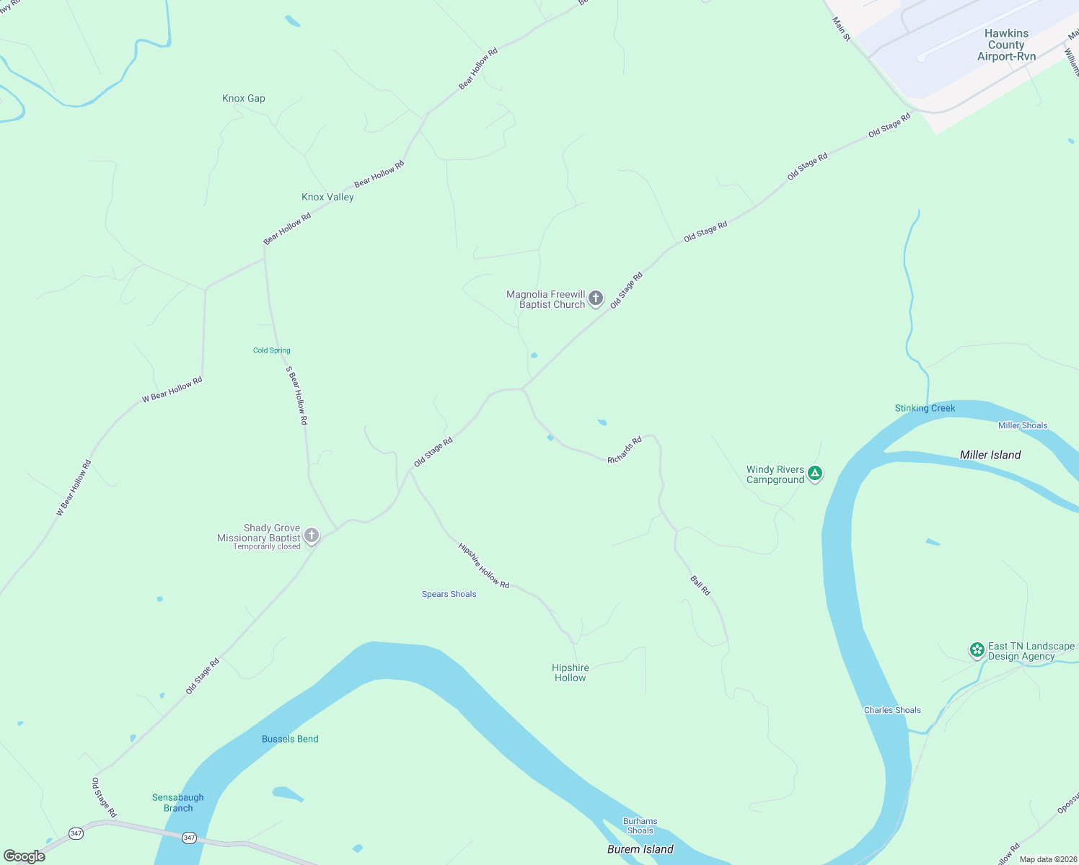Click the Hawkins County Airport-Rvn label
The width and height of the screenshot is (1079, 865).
pyautogui.click(x=1006, y=45)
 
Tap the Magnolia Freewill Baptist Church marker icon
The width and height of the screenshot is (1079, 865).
pyautogui.click(x=596, y=298)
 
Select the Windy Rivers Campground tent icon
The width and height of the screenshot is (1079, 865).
pyautogui.click(x=815, y=474)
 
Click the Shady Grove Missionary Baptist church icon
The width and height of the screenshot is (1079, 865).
pyautogui.click(x=312, y=536)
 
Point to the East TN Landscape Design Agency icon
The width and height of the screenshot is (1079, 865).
pyautogui.click(x=977, y=650)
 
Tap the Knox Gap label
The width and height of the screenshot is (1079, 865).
pyautogui.click(x=244, y=98)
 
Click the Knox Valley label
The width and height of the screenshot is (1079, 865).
pyautogui.click(x=327, y=197)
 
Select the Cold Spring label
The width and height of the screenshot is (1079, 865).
pyautogui.click(x=272, y=350)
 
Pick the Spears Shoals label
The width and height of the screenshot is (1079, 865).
pyautogui.click(x=449, y=594)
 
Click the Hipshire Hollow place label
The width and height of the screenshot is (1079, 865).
pyautogui.click(x=570, y=673)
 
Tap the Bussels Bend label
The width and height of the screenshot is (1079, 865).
pyautogui.click(x=290, y=739)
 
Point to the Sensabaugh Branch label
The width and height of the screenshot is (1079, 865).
pyautogui.click(x=178, y=802)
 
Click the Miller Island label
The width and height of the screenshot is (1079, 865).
pyautogui.click(x=990, y=455)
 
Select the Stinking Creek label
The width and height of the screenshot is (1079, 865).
pyautogui.click(x=925, y=408)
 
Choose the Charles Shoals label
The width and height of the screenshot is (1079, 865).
pyautogui.click(x=892, y=710)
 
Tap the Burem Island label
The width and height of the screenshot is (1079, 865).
pyautogui.click(x=640, y=849)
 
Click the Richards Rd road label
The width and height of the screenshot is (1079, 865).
pyautogui.click(x=625, y=450)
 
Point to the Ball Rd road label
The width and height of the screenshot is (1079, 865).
pyautogui.click(x=700, y=585)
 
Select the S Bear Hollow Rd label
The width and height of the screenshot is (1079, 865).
pyautogui.click(x=296, y=395)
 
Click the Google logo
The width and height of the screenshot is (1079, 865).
pyautogui.click(x=25, y=856)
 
